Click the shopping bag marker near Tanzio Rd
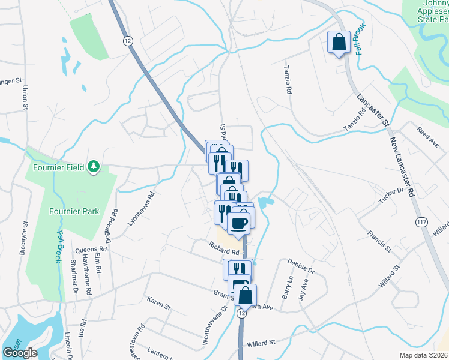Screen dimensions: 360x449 click(339, 43)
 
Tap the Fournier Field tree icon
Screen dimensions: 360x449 click(93, 166)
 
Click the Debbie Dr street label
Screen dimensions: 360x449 click(301, 266)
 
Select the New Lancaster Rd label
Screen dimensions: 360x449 click(402, 167)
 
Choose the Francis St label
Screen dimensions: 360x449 click(380, 240)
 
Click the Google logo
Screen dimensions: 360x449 click(20, 353)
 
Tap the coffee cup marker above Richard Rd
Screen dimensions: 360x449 click(238, 224)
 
